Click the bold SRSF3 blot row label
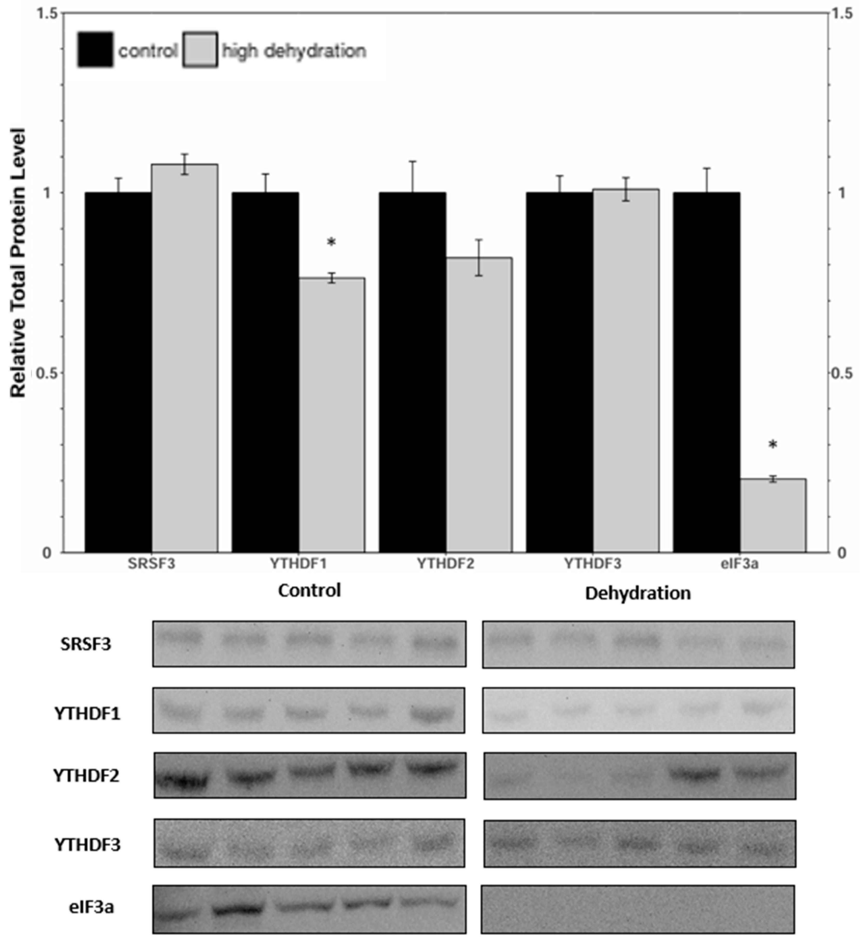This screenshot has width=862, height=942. coord(86,644)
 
